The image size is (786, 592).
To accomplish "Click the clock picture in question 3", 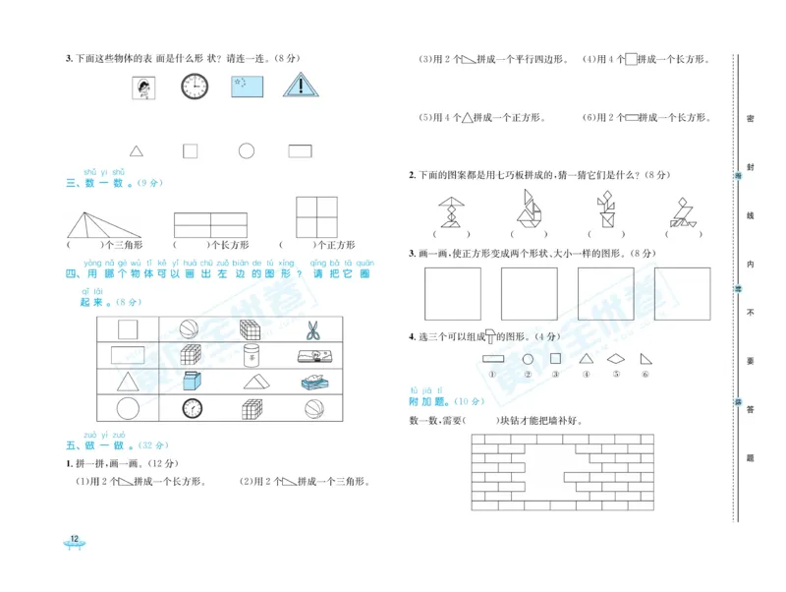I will click(195, 88).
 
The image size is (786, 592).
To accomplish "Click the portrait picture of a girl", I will click(143, 89).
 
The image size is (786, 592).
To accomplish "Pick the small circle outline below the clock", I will click(246, 150).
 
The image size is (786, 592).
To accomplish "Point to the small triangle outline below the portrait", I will click(137, 150).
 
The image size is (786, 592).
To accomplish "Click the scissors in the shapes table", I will click(313, 329).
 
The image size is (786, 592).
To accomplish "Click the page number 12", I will click(74, 538).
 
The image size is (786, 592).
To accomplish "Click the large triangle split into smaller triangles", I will click(105, 222).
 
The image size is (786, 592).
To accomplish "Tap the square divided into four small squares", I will click(316, 216).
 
